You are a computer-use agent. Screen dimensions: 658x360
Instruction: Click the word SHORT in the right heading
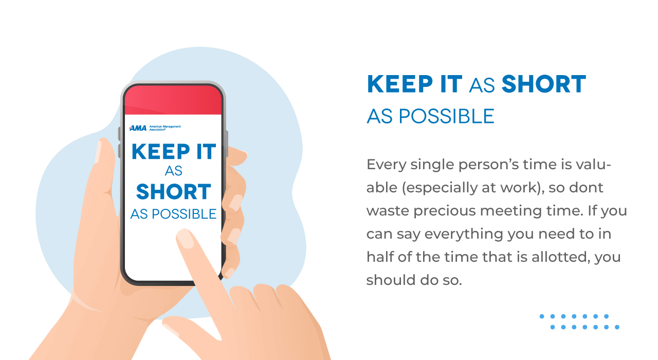pyautogui.click(x=544, y=84)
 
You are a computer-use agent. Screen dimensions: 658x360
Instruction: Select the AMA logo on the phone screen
pyautogui.click(x=138, y=128)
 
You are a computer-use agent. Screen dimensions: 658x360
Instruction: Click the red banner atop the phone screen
pyautogui.click(x=173, y=100)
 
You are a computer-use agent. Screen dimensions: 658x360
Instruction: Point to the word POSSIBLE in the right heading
pyautogui.click(x=447, y=116)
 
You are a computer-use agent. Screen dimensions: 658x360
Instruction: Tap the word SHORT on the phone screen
pyautogui.click(x=174, y=192)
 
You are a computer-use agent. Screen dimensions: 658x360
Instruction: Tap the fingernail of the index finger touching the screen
pyautogui.click(x=185, y=239)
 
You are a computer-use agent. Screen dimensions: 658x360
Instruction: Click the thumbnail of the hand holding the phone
pyautogui.click(x=98, y=151)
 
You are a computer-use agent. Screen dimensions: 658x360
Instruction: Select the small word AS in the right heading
pyautogui.click(x=482, y=86)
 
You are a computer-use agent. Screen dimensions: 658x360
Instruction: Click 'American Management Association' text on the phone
pyautogui.click(x=165, y=128)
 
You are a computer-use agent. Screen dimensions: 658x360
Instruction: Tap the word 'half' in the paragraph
pyautogui.click(x=380, y=257)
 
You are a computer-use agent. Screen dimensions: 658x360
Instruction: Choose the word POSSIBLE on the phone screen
pyautogui.click(x=184, y=214)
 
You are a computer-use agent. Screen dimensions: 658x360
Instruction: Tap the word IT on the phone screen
pyautogui.click(x=206, y=152)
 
